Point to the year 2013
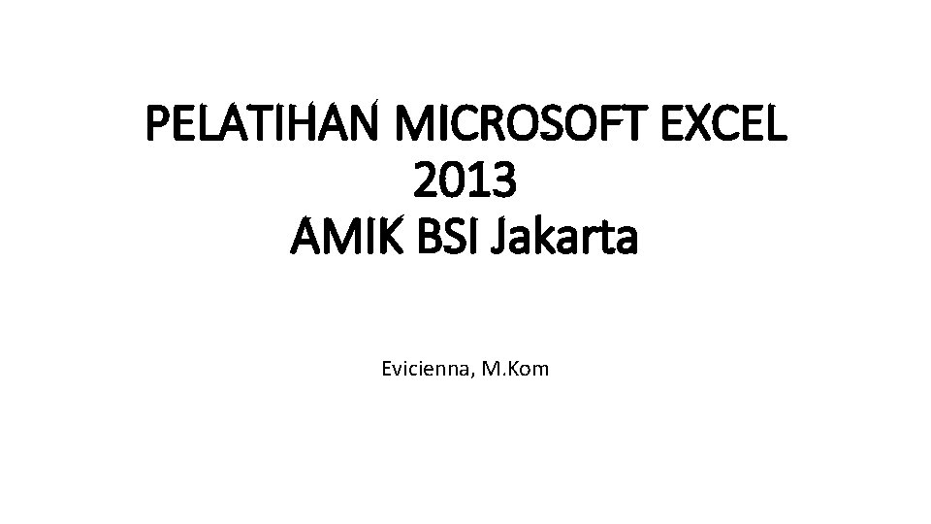pos(465,181)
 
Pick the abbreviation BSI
pos(447,237)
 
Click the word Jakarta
pos(567,237)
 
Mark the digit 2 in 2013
pos(424,181)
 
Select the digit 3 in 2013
pos(505,181)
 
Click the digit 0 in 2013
pos(451,181)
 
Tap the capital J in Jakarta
pos(505,237)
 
